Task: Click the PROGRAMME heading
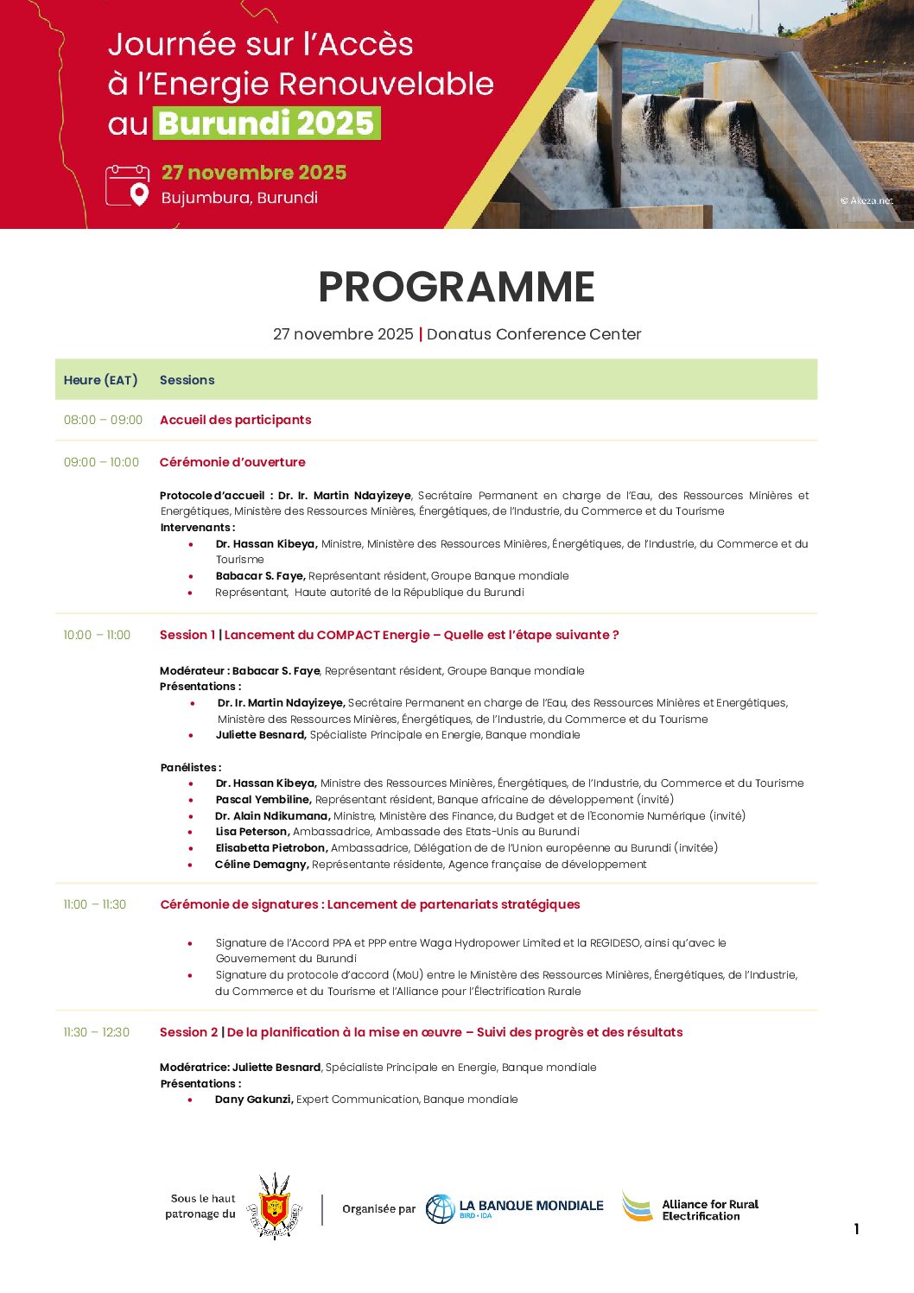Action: point(456,287)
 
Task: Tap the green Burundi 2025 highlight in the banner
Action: point(266,124)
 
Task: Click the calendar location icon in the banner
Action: point(127,186)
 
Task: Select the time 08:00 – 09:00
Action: point(103,420)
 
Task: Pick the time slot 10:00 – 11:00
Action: point(97,635)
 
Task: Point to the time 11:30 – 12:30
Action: point(96,1032)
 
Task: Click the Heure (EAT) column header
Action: point(100,380)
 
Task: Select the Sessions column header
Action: point(187,380)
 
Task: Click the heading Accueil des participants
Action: point(235,420)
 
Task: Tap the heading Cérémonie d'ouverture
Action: point(232,462)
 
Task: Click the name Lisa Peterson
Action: point(252,832)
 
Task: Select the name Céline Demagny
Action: point(262,865)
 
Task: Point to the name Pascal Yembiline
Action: point(263,800)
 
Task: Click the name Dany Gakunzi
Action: point(254,1100)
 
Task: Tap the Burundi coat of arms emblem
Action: point(275,1207)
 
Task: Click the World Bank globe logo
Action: point(440,1208)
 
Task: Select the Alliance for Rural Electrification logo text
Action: point(709,1209)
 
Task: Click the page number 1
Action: point(856,1229)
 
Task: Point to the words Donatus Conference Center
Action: point(534,334)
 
